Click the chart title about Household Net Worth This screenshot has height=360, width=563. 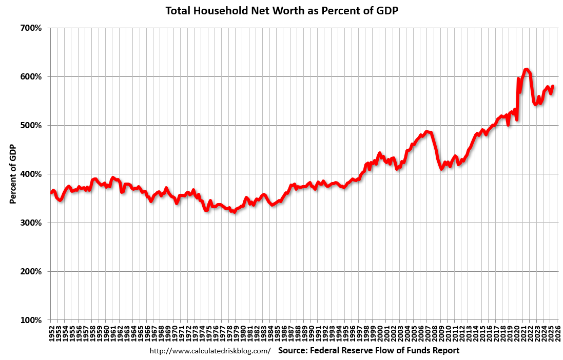coord(281,10)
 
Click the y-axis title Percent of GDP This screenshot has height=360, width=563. coord(13,174)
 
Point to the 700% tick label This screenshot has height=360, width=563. coord(30,28)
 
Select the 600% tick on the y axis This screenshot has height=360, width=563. coord(30,76)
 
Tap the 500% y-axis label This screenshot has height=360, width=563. coord(30,125)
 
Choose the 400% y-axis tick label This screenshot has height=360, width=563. coord(30,174)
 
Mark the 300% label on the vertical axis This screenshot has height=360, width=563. coord(30,223)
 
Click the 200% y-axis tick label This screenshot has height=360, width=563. coord(30,271)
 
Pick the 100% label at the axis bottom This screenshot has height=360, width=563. coord(30,320)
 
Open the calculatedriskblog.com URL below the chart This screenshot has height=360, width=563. coord(209,351)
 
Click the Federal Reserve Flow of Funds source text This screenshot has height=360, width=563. coord(368,351)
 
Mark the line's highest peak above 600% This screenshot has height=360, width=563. coord(526,69)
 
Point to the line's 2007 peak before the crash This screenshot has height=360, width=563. coord(428,132)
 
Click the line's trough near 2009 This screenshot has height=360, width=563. coord(441,168)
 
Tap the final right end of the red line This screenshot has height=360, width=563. coord(553,86)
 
